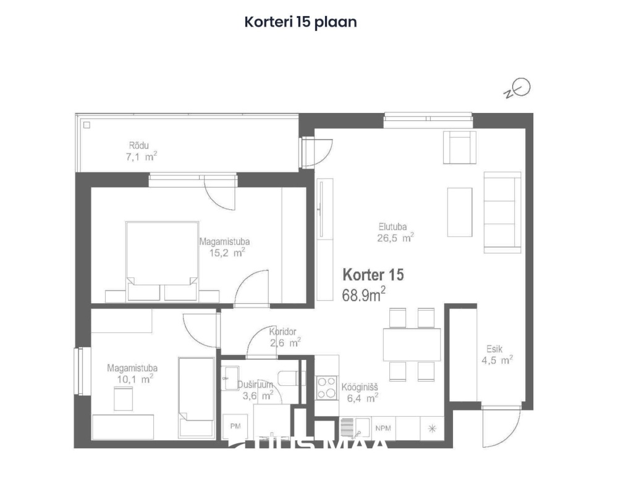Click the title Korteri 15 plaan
(301, 22)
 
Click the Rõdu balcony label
(139, 146)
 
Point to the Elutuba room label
(392, 226)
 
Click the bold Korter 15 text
(373, 275)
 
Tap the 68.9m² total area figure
(364, 295)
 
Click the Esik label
(494, 349)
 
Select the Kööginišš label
(360, 388)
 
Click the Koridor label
(284, 332)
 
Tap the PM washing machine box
(235, 426)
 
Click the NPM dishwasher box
(383, 427)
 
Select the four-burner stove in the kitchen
(327, 387)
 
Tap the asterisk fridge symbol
(432, 427)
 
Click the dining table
(412, 345)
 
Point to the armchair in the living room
(460, 147)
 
